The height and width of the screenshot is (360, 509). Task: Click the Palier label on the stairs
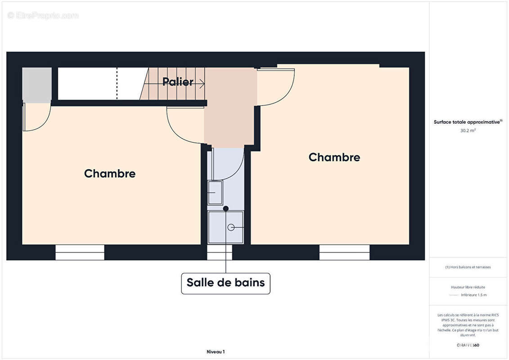(178, 82)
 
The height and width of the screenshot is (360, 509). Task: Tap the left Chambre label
(110, 174)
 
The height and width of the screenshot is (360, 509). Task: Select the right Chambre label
(334, 157)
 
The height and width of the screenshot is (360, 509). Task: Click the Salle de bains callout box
(226, 283)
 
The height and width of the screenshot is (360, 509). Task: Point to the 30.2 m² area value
(468, 130)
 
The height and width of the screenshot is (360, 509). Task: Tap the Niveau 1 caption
(215, 352)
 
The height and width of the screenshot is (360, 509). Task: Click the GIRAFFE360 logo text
(468, 345)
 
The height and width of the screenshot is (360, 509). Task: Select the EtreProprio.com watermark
(43, 16)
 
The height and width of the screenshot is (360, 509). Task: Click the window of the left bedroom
(80, 252)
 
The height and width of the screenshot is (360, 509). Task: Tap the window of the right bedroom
(344, 252)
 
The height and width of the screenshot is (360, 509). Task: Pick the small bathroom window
(220, 252)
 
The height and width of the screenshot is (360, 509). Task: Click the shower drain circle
(231, 227)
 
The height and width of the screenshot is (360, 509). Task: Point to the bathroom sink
(215, 193)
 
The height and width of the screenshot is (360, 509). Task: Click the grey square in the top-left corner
(37, 85)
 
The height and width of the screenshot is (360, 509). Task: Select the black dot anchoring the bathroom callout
(226, 208)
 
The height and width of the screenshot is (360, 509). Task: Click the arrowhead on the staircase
(203, 83)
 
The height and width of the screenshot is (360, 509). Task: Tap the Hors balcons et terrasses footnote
(468, 267)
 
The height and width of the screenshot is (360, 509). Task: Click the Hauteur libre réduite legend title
(468, 287)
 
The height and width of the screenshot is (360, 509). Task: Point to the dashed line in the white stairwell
(117, 83)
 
